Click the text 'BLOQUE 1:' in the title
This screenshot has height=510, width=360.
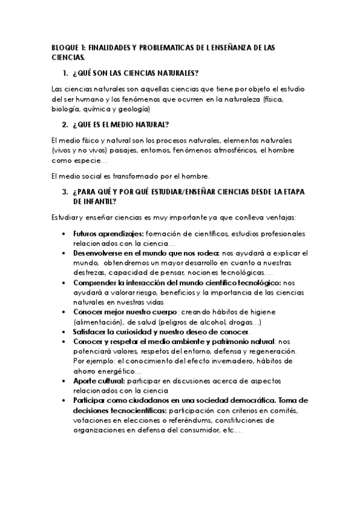tap(66, 46)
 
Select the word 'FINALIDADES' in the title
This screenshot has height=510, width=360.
tap(110, 46)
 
